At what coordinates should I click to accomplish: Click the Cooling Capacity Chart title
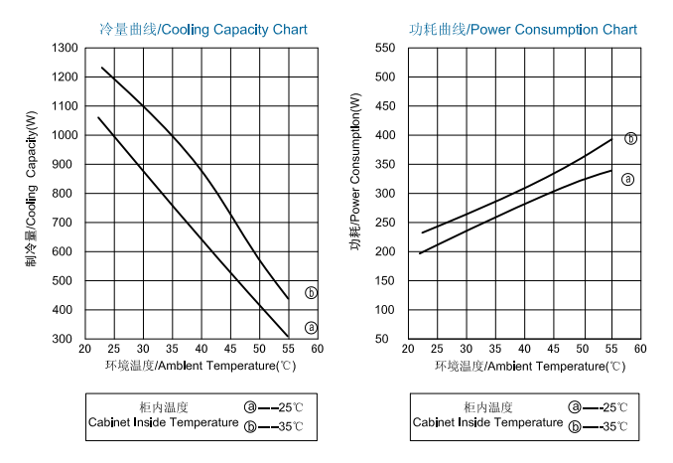coord(198,30)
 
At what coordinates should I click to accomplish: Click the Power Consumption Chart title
coord(523,30)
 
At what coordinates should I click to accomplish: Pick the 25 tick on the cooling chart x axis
coord(113,350)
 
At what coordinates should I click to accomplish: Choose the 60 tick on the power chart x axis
coord(640,350)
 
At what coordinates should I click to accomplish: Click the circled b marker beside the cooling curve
coord(311,293)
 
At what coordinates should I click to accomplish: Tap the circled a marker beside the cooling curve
coord(311,327)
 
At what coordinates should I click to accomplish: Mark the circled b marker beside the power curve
coord(630,138)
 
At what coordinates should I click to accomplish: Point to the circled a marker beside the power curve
coord(627,179)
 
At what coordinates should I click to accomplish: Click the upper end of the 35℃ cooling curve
coord(102,68)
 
